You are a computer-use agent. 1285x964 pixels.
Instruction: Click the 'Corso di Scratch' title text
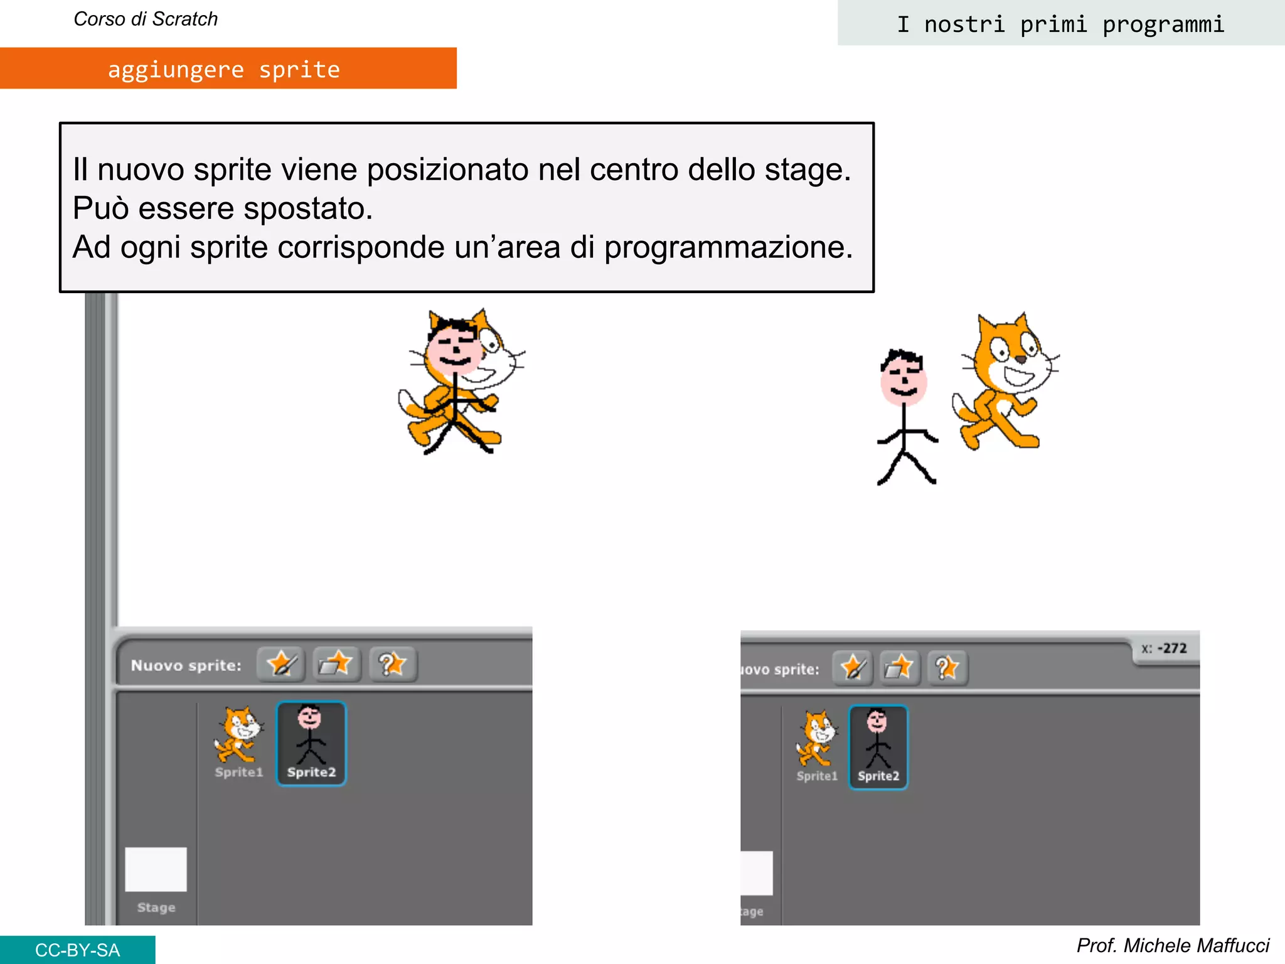[146, 19]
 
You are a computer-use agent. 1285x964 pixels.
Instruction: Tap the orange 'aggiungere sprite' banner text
[224, 69]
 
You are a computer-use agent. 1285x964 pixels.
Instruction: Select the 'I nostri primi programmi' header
[1060, 24]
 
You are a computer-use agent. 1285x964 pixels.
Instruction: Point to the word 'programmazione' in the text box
[728, 247]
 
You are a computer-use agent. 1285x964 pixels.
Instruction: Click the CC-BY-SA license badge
[77, 950]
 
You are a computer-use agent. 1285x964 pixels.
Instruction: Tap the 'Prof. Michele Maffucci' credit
[1173, 945]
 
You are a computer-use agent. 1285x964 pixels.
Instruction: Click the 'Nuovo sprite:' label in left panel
[186, 665]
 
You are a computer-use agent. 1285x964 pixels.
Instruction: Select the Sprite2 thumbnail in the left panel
[311, 743]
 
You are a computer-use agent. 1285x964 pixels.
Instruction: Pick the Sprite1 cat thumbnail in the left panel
[238, 741]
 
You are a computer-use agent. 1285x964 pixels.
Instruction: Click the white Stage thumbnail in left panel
[156, 869]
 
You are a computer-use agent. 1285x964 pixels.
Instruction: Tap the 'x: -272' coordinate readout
[1165, 648]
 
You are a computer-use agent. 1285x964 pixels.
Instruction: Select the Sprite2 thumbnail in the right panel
[878, 747]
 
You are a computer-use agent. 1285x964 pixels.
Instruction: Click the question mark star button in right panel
[947, 668]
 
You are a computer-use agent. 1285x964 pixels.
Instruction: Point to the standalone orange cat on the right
[1004, 383]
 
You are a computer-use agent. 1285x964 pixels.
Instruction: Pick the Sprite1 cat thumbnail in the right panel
[817, 744]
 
